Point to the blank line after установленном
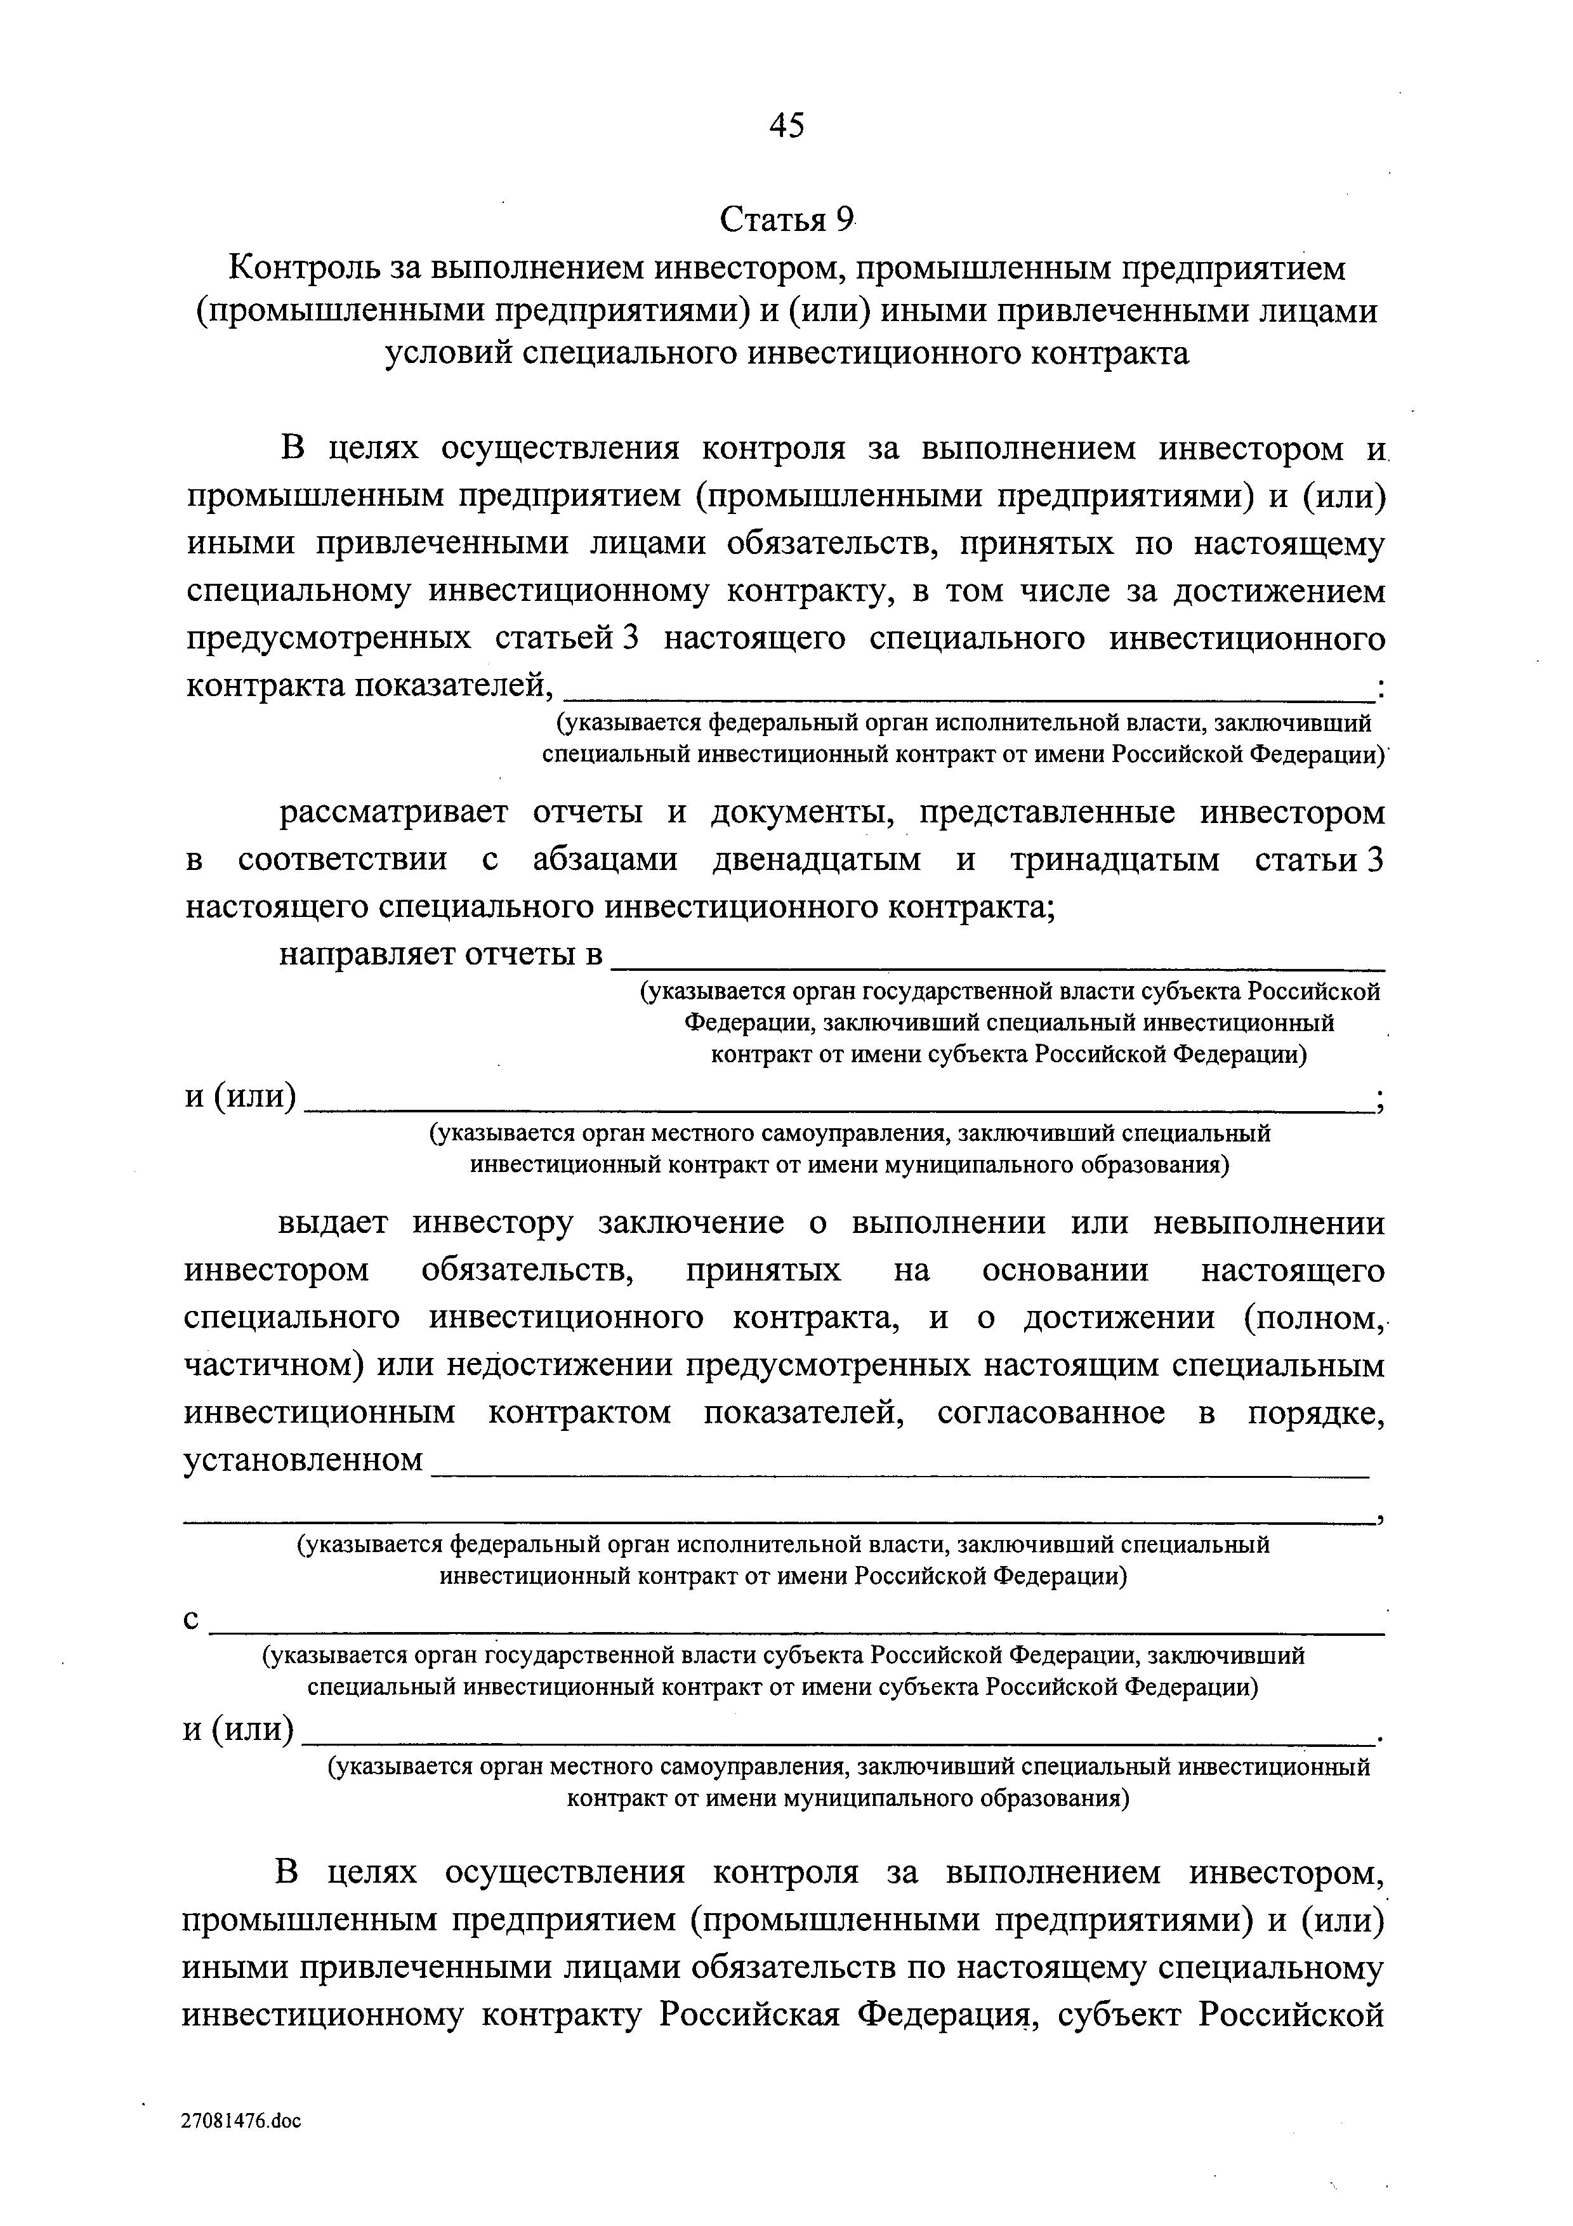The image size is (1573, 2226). click(x=899, y=1462)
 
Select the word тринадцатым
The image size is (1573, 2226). click(x=1115, y=860)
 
